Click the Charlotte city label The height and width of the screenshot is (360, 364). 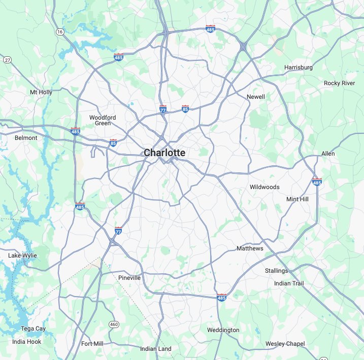[x=164, y=153]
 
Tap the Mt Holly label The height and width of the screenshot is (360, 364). [x=41, y=92]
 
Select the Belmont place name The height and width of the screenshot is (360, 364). [x=26, y=138]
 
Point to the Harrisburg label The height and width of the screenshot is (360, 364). [x=299, y=67]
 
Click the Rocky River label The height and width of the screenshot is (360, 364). [x=340, y=83]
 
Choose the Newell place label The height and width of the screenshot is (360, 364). [x=256, y=97]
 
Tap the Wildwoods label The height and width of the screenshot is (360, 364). [x=264, y=187]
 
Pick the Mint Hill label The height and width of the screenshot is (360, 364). [x=297, y=199]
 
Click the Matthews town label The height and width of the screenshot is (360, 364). [x=250, y=248]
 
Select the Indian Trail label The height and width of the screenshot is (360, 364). [x=289, y=283]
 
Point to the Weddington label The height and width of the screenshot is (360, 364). [x=223, y=330]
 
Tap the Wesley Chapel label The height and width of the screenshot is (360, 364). [x=285, y=344]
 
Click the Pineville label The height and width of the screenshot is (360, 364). [x=129, y=278]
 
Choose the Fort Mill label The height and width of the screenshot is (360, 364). [x=92, y=344]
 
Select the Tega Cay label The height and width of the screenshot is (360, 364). [x=33, y=329]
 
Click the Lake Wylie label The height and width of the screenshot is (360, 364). [x=22, y=256]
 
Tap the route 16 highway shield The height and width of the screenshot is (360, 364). [x=60, y=32]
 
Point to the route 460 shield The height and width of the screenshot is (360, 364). [x=114, y=325]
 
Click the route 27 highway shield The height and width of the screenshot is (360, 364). [x=7, y=60]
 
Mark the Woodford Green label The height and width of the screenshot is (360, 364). [x=103, y=120]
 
